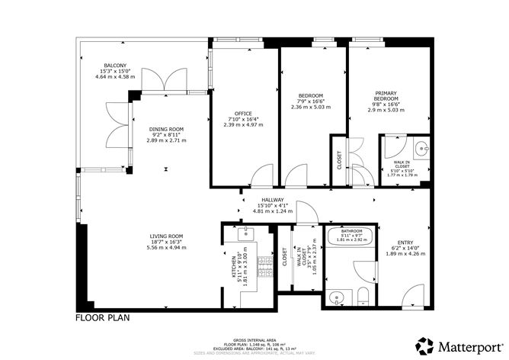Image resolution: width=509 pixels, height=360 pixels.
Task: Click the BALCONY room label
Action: coord(115,66)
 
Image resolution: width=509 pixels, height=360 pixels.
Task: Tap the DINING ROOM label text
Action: coord(166,130)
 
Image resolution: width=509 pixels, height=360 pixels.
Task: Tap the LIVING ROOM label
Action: coord(166,236)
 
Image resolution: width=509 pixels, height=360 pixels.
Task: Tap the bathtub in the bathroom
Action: coord(349,243)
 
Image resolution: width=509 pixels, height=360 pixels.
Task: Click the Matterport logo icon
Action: coord(425,345)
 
